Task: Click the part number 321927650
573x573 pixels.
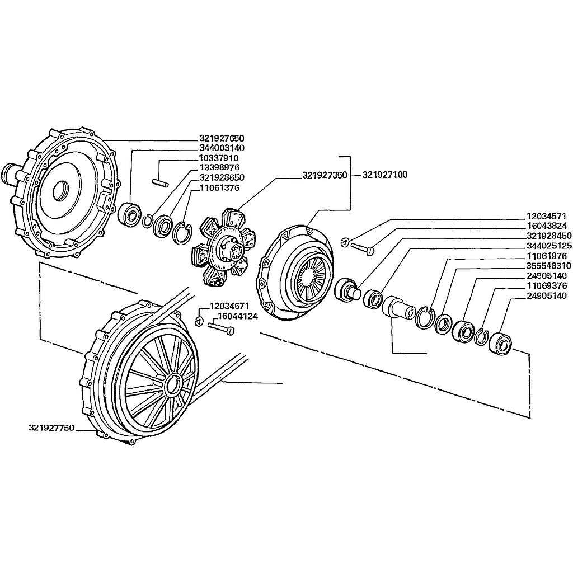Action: point(222,138)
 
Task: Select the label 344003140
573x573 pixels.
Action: point(222,148)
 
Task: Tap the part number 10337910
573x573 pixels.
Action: point(222,158)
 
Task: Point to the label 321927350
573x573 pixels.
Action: point(325,175)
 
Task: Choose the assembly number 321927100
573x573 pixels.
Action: point(385,175)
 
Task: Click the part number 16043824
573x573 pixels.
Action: point(549,226)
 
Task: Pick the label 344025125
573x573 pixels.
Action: point(549,246)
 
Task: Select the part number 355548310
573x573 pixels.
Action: point(549,266)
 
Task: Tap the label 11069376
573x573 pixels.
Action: point(549,286)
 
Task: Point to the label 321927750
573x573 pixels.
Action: point(51,428)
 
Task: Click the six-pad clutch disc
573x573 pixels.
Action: point(224,247)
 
